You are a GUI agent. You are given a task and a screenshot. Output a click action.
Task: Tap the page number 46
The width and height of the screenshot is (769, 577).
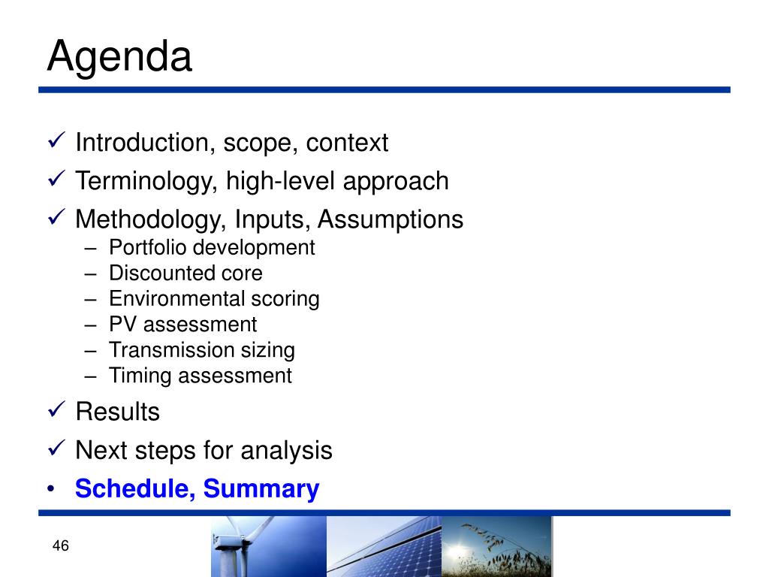60,545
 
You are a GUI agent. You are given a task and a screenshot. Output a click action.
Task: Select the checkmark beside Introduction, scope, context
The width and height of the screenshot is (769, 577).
57,140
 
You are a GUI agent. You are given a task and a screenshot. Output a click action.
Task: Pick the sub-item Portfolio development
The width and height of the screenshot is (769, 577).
212,247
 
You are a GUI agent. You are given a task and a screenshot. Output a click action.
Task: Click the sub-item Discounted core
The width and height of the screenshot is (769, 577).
186,273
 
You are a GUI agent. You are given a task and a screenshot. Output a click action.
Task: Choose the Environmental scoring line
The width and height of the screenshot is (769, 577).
214,299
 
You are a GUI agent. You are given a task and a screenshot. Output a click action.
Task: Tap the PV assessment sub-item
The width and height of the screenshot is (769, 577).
183,325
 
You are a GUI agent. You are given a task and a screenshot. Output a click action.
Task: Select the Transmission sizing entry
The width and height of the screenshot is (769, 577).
202,350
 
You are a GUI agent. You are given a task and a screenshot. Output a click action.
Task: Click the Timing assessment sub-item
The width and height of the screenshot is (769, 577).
201,376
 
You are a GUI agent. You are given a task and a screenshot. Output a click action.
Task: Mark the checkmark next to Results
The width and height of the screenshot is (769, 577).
57,409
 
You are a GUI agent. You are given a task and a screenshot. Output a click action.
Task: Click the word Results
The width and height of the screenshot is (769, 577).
118,411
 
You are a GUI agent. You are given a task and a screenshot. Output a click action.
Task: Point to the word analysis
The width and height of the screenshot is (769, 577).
286,451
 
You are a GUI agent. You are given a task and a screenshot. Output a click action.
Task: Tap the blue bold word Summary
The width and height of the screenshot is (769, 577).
261,488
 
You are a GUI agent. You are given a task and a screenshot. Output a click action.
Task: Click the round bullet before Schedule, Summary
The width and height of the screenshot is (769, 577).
51,488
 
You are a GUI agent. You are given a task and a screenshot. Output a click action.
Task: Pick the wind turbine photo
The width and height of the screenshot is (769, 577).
269,546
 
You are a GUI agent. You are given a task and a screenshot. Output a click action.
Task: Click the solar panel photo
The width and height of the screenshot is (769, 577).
384,546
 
